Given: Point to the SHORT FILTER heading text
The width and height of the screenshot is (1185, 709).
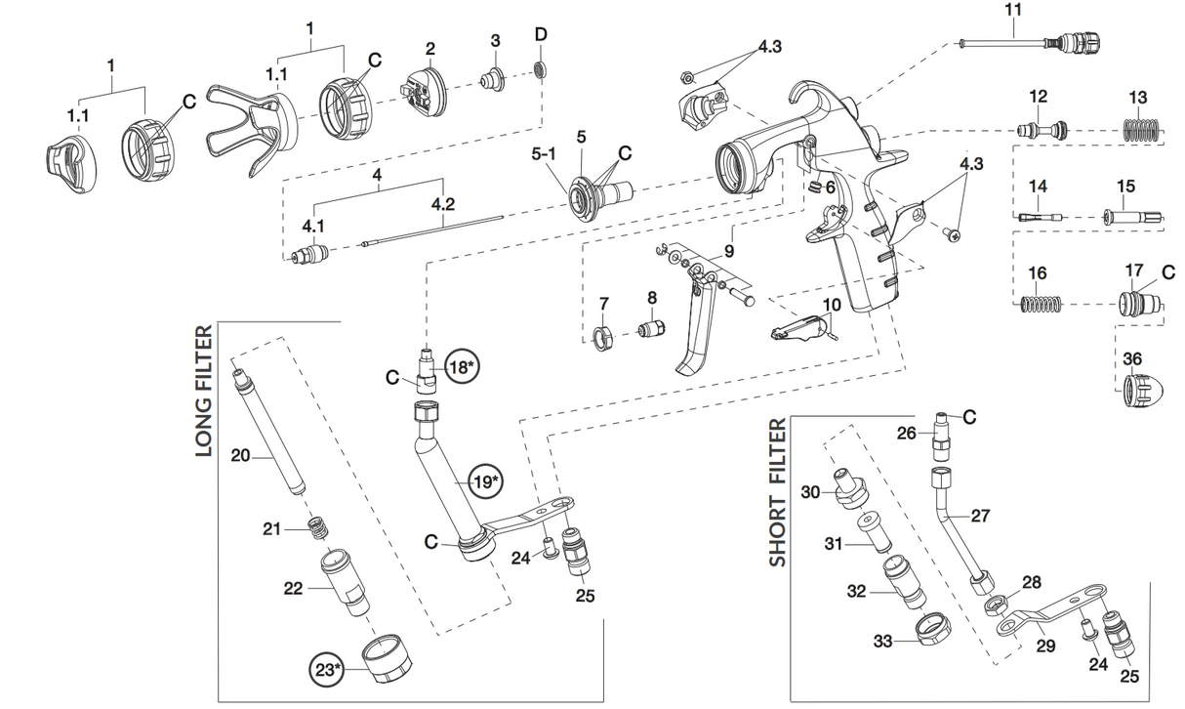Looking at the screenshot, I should (777, 492).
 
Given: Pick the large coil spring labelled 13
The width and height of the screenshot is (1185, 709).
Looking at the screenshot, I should (1139, 129).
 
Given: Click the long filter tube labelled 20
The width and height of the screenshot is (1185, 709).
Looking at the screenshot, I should (268, 430).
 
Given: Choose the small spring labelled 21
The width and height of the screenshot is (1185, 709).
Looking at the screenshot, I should (315, 528).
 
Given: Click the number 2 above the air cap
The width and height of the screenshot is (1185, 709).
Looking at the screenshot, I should (429, 49).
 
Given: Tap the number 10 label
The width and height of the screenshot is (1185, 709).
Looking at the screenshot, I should (831, 305).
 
